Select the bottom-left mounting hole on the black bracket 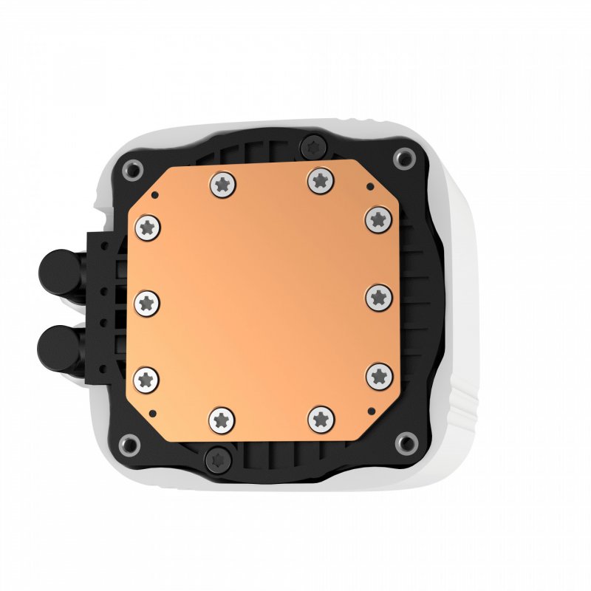[130, 444]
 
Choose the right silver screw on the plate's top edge [319, 180]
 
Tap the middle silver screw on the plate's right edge [379, 297]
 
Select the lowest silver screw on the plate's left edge [146, 379]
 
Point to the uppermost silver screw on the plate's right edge [378, 218]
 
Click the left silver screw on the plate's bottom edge [222, 420]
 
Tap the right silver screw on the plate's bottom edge [321, 419]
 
